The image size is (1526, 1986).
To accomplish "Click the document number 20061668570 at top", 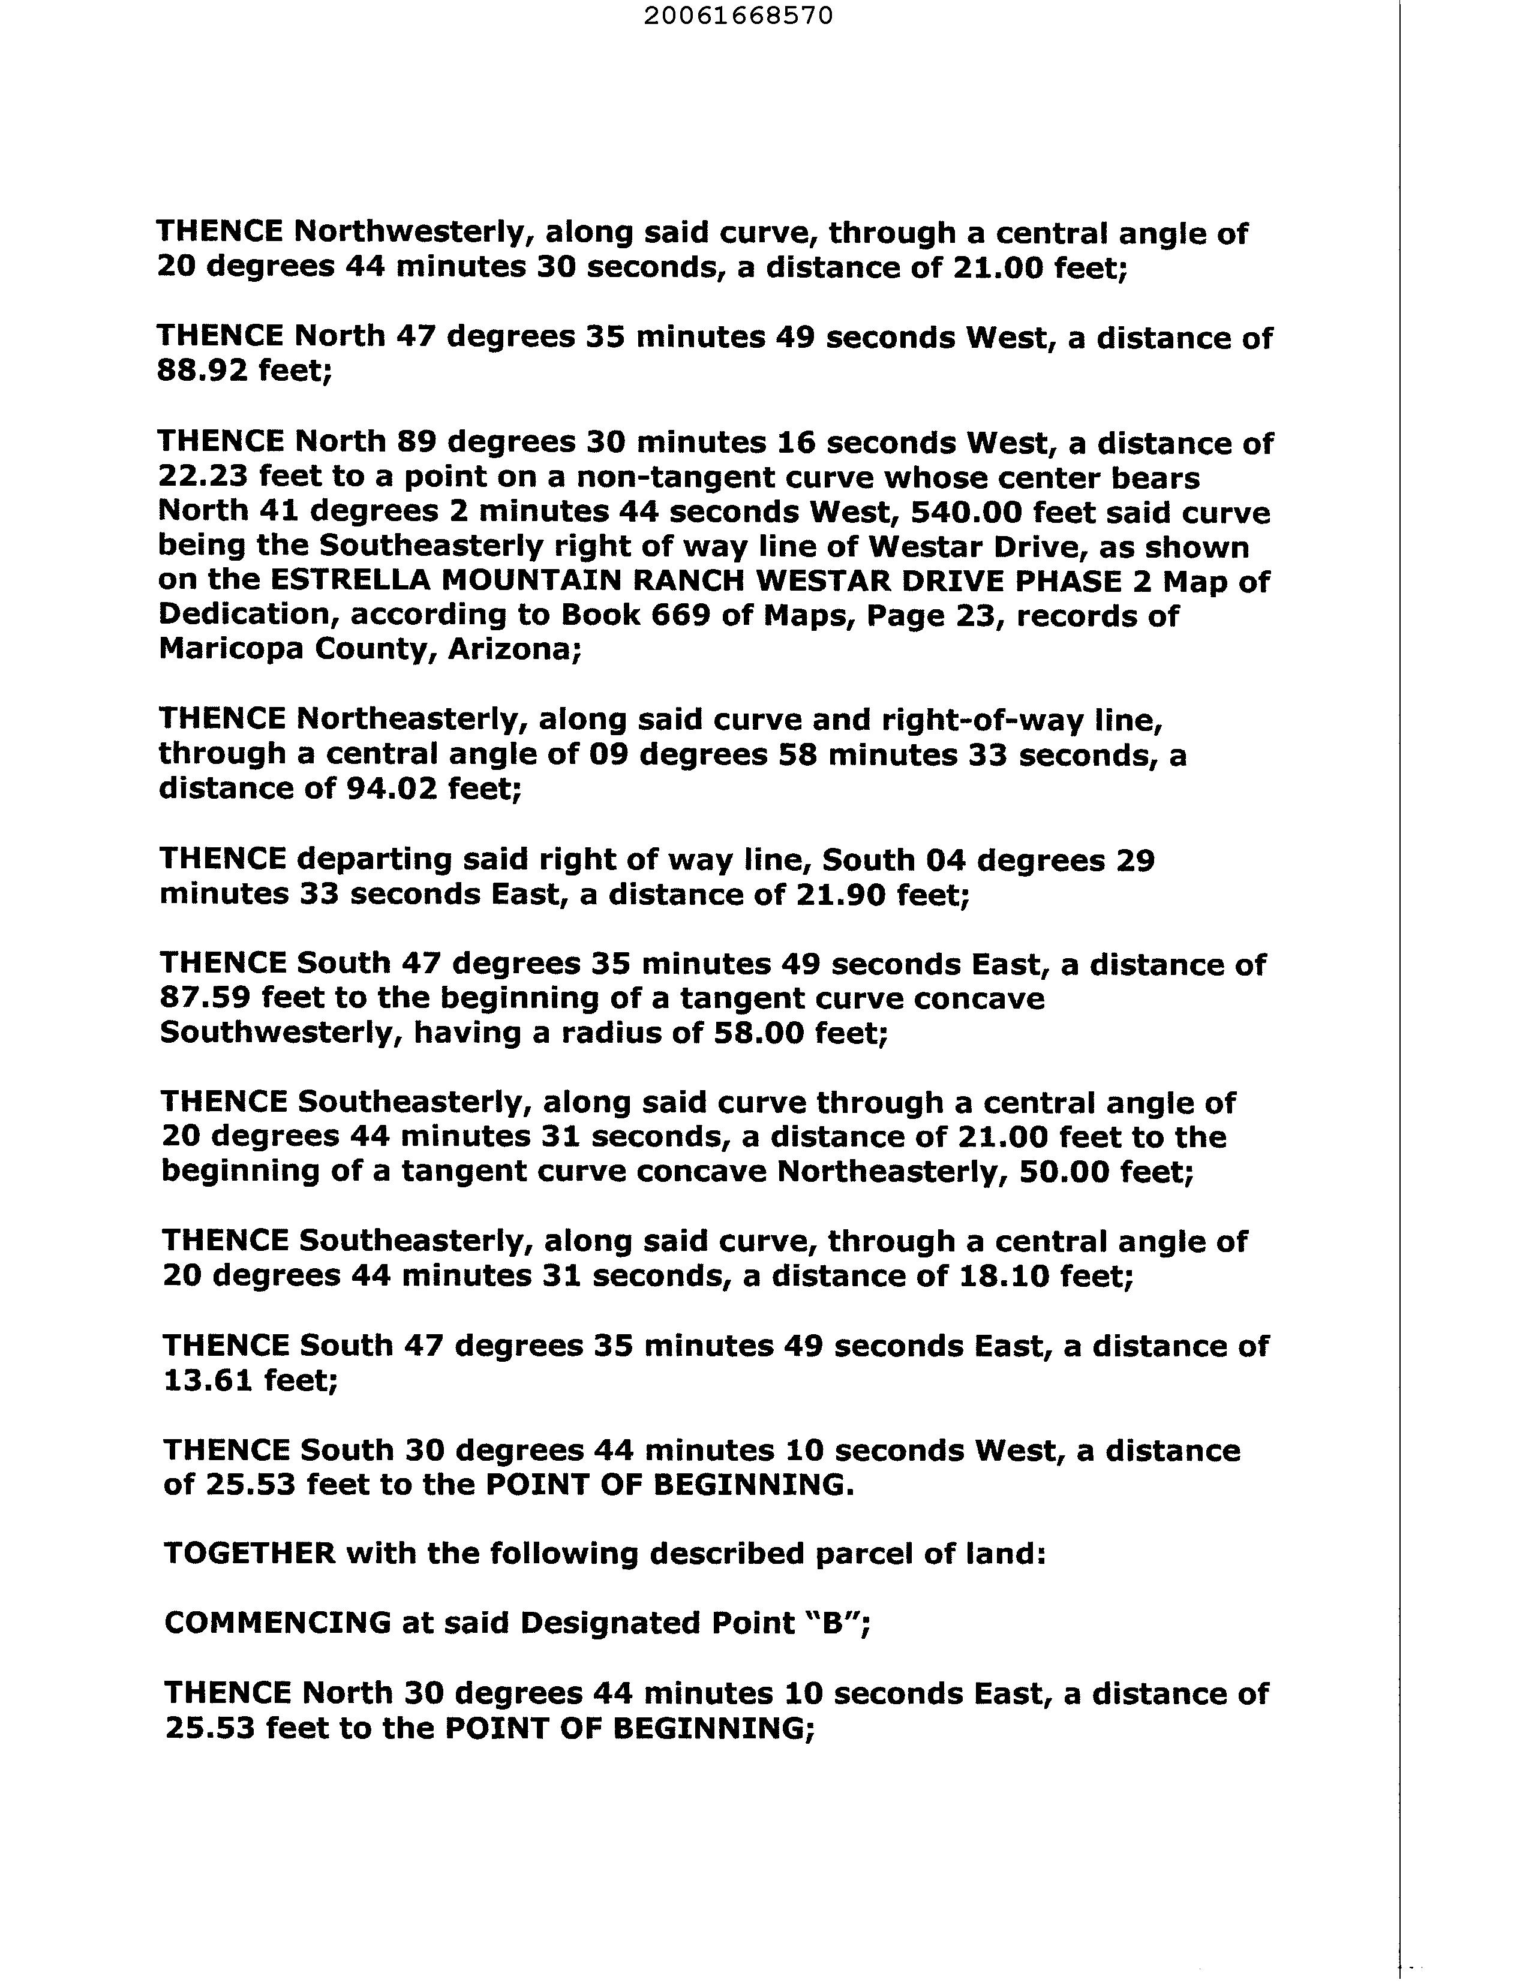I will click(738, 16).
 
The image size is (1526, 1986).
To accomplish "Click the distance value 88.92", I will click(202, 371).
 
